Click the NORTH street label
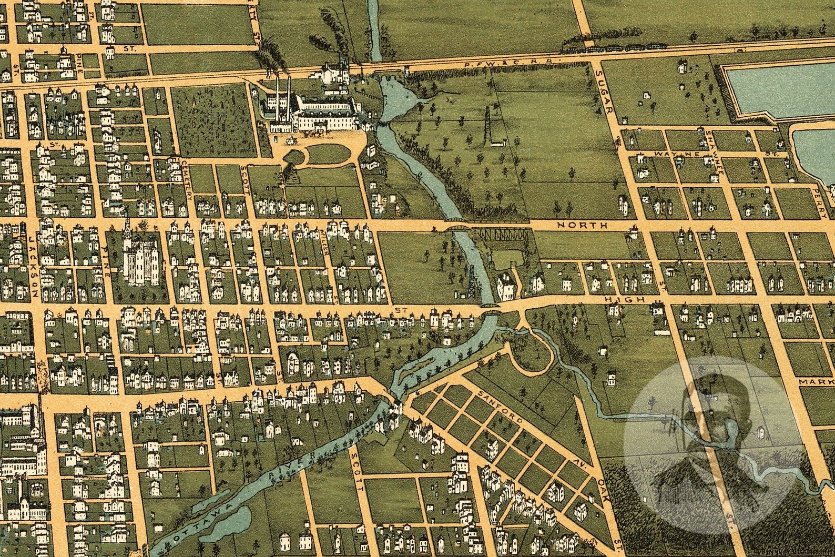pos(582,225)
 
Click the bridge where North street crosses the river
pos(455,227)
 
